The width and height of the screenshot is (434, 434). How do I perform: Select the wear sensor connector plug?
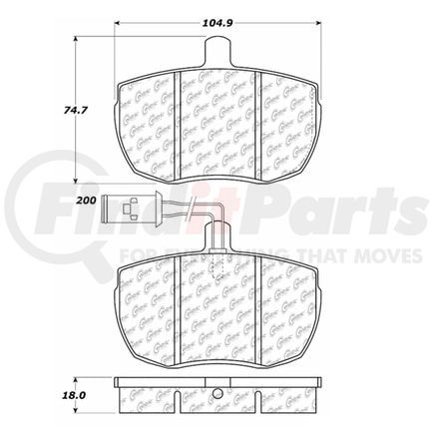point(126,210)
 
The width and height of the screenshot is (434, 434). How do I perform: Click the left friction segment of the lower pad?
point(148,304)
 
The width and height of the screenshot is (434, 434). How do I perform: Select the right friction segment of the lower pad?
point(285,304)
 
